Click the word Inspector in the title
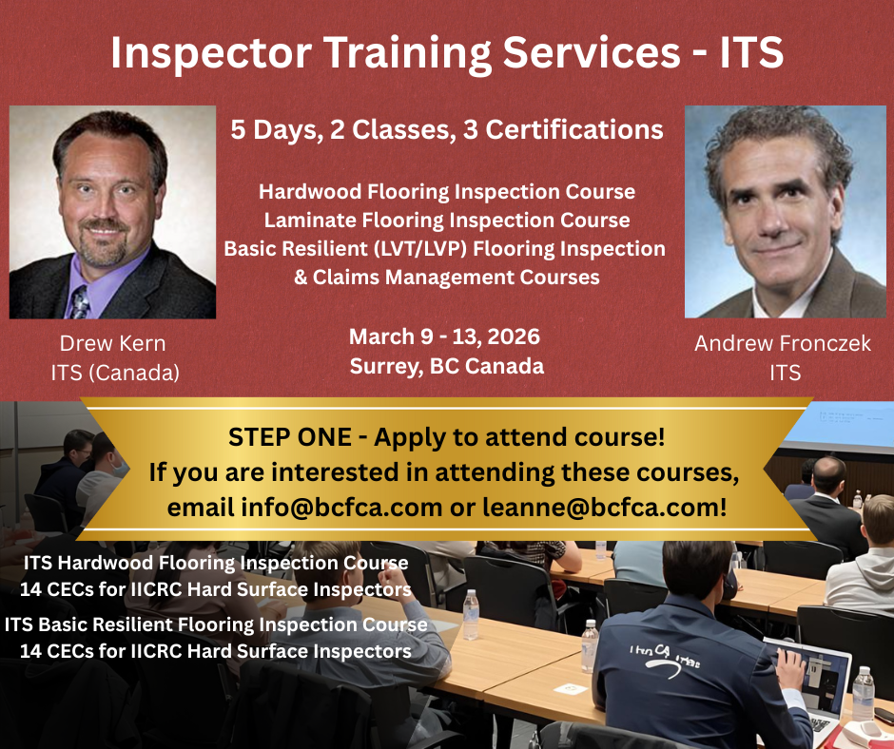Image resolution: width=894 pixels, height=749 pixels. coord(210,53)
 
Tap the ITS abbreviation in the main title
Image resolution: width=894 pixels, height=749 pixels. coord(751,52)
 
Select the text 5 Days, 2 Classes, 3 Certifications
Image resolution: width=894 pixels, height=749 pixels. coord(447,130)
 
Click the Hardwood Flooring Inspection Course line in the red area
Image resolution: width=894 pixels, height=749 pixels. coord(447,191)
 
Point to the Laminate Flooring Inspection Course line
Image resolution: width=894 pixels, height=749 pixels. coord(447,220)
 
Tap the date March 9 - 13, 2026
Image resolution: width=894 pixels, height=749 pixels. coord(445,336)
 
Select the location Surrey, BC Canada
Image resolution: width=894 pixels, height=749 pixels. coord(447,366)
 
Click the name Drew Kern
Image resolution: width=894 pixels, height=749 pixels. coord(113,344)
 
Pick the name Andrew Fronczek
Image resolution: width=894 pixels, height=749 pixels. coord(783,344)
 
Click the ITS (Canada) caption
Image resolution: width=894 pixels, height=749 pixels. coord(115,373)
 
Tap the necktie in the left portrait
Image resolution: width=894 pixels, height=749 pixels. coord(79,301)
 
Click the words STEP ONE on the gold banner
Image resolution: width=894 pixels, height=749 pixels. coord(290,437)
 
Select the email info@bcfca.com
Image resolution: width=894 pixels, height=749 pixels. coord(341,507)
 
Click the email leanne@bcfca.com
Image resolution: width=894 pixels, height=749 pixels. coord(604,507)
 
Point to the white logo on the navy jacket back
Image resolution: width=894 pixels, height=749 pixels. coord(664,660)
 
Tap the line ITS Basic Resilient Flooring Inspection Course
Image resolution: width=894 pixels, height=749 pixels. coord(216,624)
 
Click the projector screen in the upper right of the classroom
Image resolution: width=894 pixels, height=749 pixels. coord(850,425)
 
